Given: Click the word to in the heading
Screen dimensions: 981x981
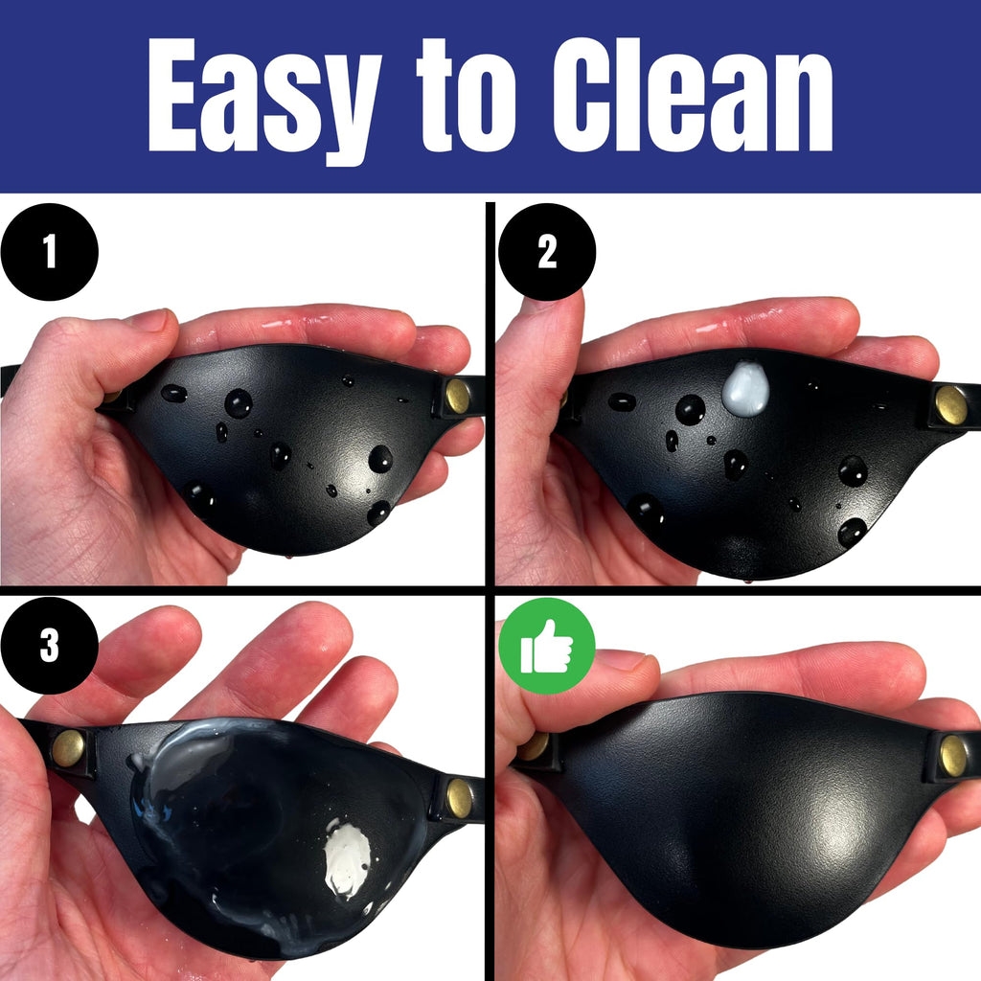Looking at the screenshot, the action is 467,95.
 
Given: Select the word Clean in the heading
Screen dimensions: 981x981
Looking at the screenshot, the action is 693,95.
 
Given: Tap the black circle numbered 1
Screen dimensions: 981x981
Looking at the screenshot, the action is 50,252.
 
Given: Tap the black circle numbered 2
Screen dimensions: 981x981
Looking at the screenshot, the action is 547,252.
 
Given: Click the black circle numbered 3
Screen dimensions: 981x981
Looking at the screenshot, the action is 50,645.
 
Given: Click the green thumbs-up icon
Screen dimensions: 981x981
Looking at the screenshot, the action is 547,646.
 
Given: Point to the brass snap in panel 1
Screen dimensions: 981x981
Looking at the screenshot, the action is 457,396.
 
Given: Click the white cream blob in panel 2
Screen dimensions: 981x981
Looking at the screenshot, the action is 745,389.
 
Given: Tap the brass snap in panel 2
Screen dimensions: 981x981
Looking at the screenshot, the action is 950,404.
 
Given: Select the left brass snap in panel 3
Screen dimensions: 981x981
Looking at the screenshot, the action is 68,747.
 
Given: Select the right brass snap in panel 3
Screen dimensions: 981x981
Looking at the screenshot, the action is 459,798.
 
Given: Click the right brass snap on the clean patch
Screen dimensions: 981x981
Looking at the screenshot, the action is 953,756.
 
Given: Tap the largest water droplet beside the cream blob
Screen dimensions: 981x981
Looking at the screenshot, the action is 690,410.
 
